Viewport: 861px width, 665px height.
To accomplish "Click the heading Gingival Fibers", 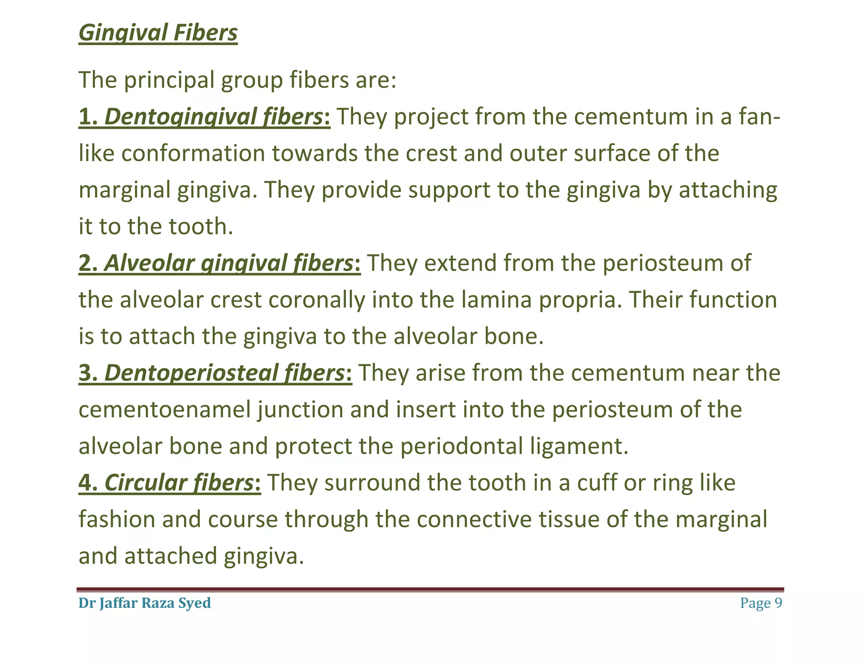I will coord(158,33).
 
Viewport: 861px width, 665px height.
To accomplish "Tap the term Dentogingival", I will coord(170,117).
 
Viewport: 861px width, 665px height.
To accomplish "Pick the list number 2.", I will coord(87,263).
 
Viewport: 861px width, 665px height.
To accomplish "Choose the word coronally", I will coord(317,300).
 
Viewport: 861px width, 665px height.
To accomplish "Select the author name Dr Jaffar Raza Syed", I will coord(145,603).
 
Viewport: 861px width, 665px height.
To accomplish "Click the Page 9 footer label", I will coord(761,603).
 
